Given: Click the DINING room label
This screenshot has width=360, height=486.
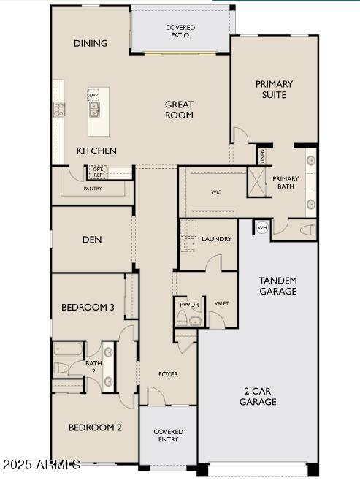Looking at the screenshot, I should (91, 44).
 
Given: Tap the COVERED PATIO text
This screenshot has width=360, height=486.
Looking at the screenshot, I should (180, 31).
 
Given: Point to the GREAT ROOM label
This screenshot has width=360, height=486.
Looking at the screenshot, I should (179, 110).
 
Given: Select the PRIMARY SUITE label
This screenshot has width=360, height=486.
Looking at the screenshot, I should (274, 89).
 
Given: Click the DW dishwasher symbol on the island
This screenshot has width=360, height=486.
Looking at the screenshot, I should (93, 96).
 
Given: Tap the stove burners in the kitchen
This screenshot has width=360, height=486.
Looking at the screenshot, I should (59, 110).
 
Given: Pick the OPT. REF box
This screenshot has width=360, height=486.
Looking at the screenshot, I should (97, 172).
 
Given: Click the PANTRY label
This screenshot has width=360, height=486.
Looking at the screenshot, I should (93, 189).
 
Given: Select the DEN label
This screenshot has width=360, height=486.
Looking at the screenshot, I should (92, 240).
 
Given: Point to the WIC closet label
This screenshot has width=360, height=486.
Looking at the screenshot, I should (216, 192).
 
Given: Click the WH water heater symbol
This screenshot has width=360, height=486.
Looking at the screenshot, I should (262, 228).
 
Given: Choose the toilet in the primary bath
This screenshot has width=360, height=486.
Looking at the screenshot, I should (307, 230).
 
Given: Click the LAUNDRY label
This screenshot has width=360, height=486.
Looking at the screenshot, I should (217, 239).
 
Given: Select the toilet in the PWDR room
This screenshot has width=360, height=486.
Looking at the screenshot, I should (182, 318).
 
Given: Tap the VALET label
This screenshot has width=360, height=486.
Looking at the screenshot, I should (222, 303).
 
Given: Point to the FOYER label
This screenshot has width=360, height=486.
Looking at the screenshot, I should (168, 374).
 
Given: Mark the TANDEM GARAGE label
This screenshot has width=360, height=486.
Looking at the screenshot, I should (278, 286).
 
